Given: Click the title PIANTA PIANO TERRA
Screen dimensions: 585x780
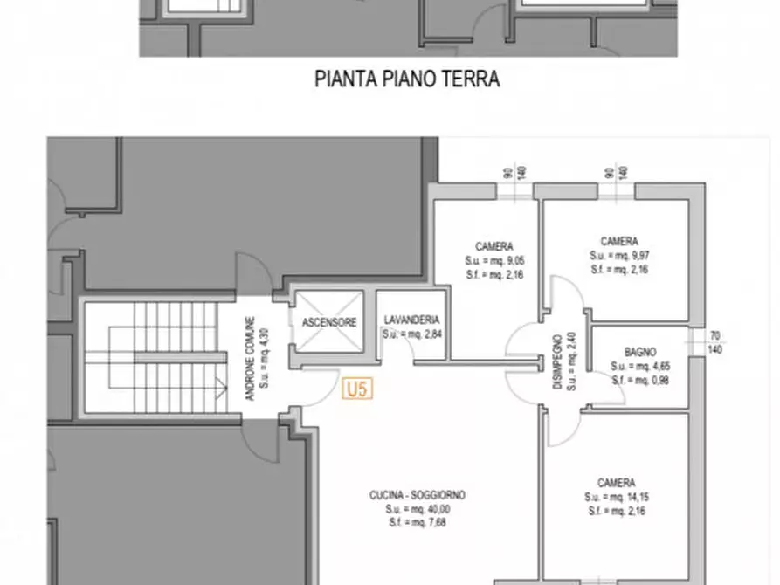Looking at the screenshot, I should pyautogui.click(x=407, y=79).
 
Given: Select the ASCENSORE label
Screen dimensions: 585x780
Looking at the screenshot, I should pyautogui.click(x=329, y=322).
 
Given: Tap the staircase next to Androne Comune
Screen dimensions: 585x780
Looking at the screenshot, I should pyautogui.click(x=162, y=357).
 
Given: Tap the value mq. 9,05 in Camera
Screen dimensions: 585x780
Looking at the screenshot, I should pyautogui.click(x=503, y=260).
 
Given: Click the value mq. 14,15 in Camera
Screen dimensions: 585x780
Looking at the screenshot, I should pyautogui.click(x=625, y=497).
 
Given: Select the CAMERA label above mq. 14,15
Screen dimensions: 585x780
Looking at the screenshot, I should pyautogui.click(x=616, y=483).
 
